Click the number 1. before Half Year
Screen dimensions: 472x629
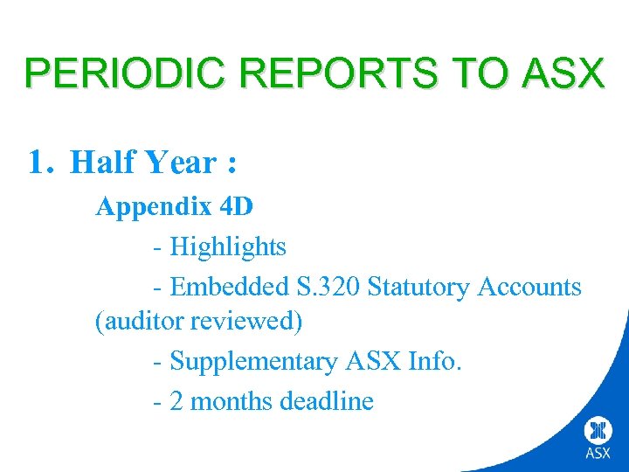tap(43, 162)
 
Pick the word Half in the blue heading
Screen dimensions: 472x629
tap(100, 162)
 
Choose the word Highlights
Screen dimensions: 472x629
tap(227, 246)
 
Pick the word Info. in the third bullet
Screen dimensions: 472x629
tap(434, 360)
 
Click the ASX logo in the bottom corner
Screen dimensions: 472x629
tap(598, 438)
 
